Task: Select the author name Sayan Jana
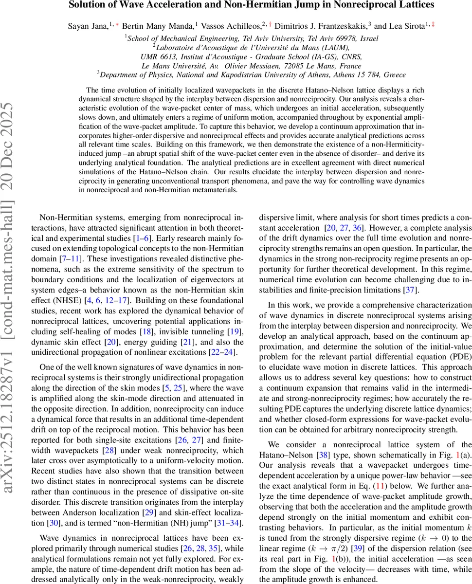(x=85, y=26)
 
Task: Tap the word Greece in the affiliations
(x=394, y=75)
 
